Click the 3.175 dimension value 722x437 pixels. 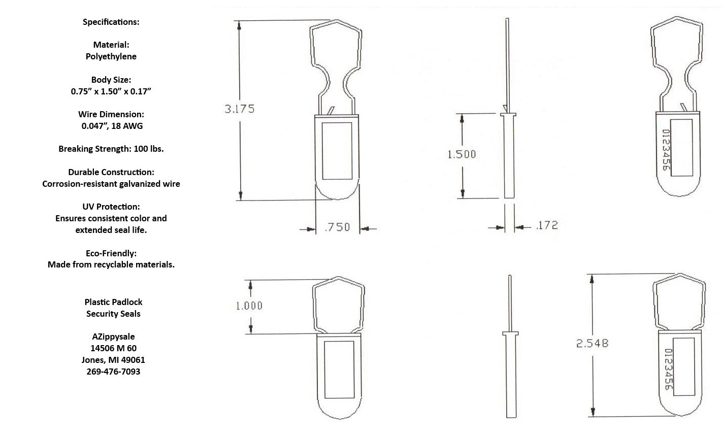[240, 109]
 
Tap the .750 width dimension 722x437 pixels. [337, 227]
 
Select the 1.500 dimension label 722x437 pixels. [462, 154]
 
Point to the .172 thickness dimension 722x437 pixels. [546, 225]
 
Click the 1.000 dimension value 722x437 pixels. [249, 306]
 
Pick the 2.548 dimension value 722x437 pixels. [592, 344]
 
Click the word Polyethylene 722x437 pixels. [111, 56]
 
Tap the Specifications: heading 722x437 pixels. [111, 22]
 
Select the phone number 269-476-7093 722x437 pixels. [113, 372]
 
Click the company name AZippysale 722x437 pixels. [113, 337]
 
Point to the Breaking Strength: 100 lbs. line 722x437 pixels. [111, 149]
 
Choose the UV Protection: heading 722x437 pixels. [111, 207]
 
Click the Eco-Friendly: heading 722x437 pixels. [111, 253]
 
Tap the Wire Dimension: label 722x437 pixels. [111, 114]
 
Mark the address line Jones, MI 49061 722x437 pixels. [113, 360]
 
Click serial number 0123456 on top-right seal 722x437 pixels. [666, 150]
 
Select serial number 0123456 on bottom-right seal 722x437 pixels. [669, 371]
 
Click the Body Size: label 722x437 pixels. [111, 80]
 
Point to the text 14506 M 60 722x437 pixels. [113, 348]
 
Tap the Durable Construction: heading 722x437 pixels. [111, 172]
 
